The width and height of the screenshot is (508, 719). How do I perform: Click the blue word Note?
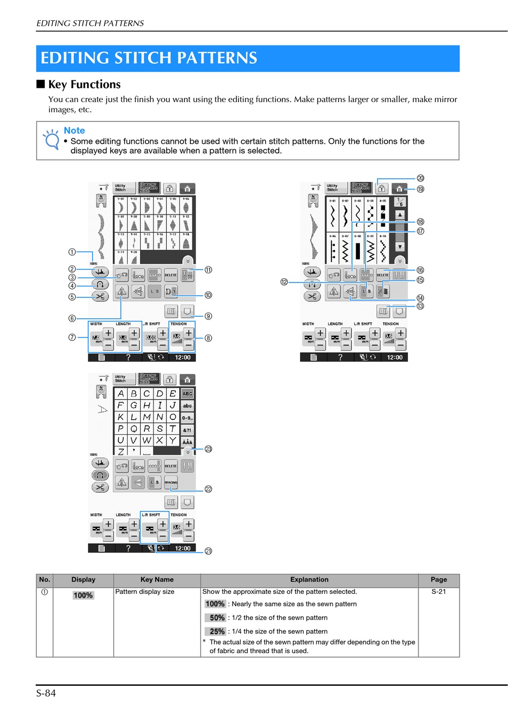pos(74,131)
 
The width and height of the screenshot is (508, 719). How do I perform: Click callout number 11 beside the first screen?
pos(209,270)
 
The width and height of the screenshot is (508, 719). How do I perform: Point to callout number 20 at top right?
pos(420,178)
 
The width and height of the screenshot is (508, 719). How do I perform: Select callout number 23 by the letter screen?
pos(209,449)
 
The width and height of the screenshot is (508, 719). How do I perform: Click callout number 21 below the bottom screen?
pos(209,551)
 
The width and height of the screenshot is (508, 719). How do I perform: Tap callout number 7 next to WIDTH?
pos(72,338)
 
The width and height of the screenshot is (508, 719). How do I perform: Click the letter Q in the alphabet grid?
pos(134,429)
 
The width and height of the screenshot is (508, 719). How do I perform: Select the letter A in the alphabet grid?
pos(121,394)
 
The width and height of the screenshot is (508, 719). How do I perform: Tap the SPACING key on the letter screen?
pos(171,482)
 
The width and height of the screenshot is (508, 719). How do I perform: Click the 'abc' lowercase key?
pos(187,406)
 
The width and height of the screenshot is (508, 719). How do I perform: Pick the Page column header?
pos(438,579)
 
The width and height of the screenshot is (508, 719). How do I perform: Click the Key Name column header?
pos(157,579)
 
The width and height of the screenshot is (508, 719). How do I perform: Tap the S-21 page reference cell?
pos(438,592)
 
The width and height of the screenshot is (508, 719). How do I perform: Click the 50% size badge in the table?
pos(216,617)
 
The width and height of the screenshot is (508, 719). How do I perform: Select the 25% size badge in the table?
pos(216,631)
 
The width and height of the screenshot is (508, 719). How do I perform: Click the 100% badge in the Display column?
pos(83,595)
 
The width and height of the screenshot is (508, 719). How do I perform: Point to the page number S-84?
pos(46,693)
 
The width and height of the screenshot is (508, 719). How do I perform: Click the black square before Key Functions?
pos(41,84)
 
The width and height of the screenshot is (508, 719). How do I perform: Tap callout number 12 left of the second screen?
pos(284,282)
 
